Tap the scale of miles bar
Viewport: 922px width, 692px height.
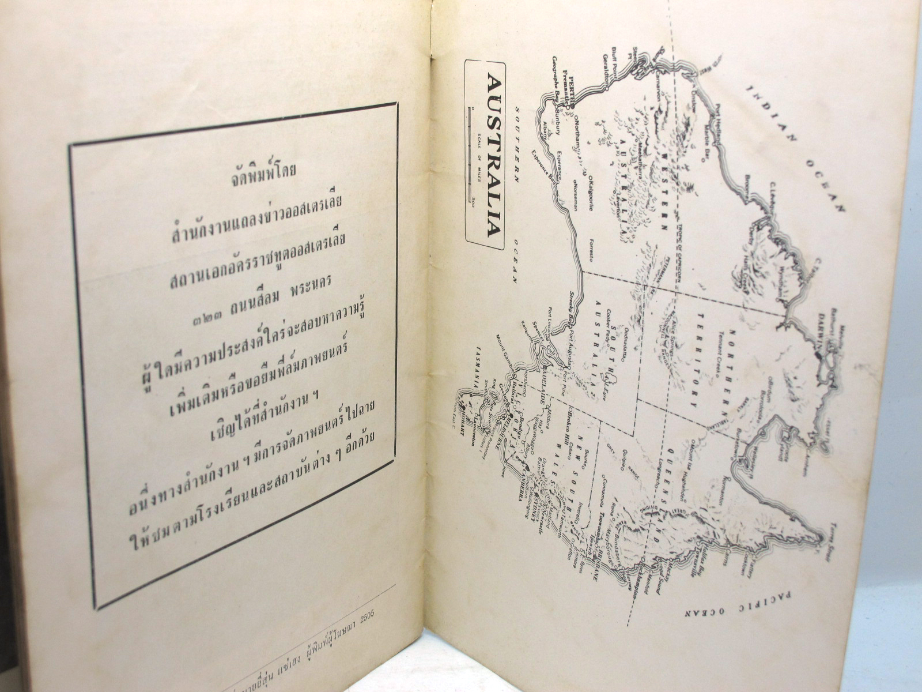point(470,156)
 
